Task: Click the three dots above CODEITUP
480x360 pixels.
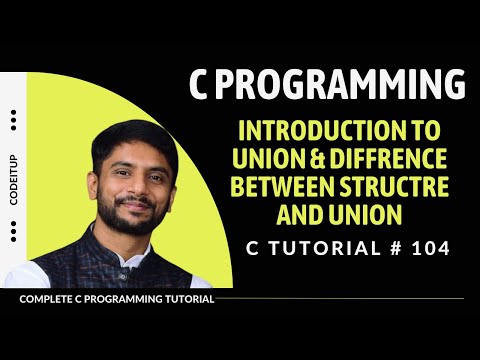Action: click(14, 121)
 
